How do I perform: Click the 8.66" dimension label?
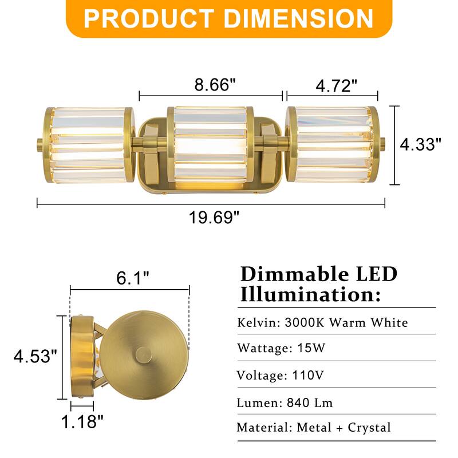coord(215,85)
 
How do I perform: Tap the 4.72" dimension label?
coord(337,85)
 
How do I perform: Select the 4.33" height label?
coord(421,145)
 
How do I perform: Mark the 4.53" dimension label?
coord(35,357)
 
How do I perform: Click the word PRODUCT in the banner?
coord(151,18)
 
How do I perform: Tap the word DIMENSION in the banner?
coord(298,18)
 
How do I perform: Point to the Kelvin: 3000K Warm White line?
coord(322,322)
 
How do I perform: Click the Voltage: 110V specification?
coord(280,376)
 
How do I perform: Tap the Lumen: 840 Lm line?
coord(285,402)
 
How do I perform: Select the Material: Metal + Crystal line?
coord(314,427)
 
